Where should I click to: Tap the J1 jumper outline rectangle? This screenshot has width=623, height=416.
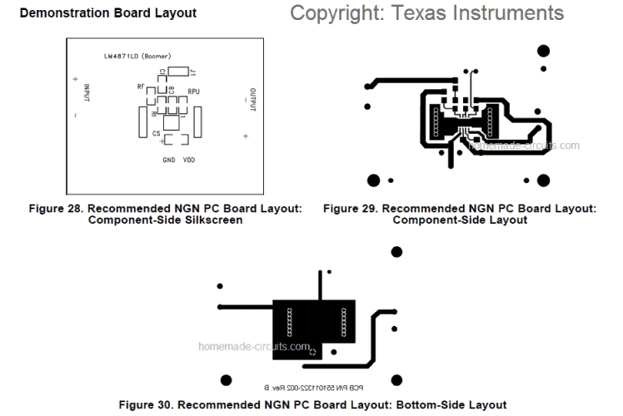coord(178,72)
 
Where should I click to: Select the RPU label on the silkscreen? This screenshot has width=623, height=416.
coord(193,91)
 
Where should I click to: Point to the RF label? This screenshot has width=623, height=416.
coord(142,87)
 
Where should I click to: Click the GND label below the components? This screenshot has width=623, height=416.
coord(169,160)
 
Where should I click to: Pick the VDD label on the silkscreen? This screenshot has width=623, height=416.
coord(189,160)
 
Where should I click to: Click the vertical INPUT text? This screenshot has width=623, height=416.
coord(86,92)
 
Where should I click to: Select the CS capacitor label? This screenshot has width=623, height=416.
coord(156,133)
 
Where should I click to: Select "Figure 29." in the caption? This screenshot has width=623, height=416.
coord(351,207)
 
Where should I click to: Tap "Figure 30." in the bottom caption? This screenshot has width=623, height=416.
coord(147,404)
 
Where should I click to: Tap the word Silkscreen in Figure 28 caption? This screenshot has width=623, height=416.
coord(214,220)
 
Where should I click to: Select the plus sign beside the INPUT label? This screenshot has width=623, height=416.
coord(75,79)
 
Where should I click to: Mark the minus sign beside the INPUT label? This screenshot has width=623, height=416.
coord(75,116)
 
